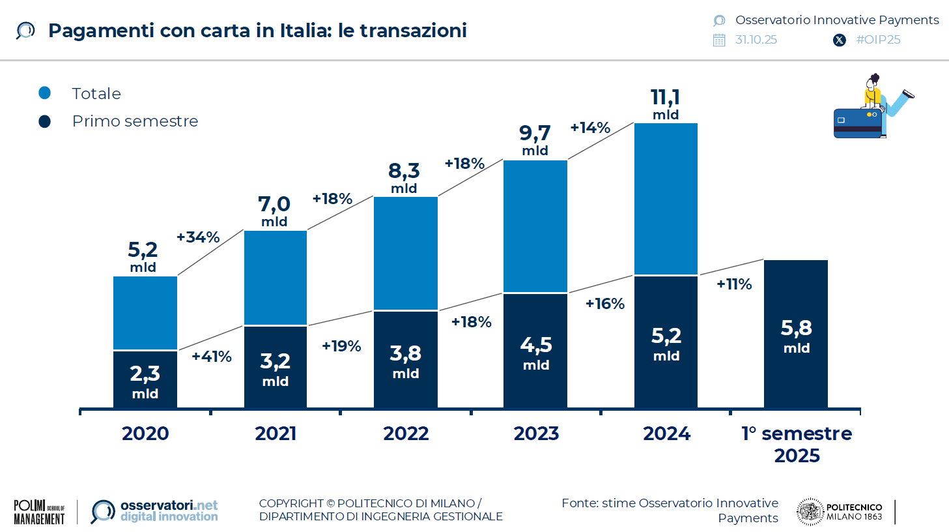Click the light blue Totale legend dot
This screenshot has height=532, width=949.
(x=45, y=93)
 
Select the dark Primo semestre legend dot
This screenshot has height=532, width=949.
(x=45, y=121)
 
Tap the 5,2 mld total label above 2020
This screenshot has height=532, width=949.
(x=143, y=256)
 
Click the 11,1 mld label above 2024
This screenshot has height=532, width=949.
(x=665, y=104)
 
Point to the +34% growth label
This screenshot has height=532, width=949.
(x=198, y=237)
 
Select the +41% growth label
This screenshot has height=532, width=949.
(x=212, y=357)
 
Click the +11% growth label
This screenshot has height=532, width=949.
(x=734, y=284)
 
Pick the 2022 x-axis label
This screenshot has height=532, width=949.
(x=406, y=434)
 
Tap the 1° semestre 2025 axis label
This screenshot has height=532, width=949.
(x=797, y=444)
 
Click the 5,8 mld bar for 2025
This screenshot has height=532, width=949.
(x=796, y=334)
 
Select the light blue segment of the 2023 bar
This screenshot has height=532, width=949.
(x=535, y=225)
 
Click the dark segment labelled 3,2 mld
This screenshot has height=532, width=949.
(x=276, y=368)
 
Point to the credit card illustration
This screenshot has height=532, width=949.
(x=858, y=122)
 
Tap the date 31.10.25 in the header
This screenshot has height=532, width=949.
(x=756, y=40)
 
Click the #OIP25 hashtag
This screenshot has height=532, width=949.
(x=878, y=40)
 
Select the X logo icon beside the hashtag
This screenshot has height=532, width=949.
(x=840, y=40)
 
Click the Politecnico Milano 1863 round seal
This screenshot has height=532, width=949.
(x=810, y=512)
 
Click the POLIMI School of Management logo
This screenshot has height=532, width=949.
(x=39, y=512)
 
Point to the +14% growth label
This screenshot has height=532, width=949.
(x=590, y=128)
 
